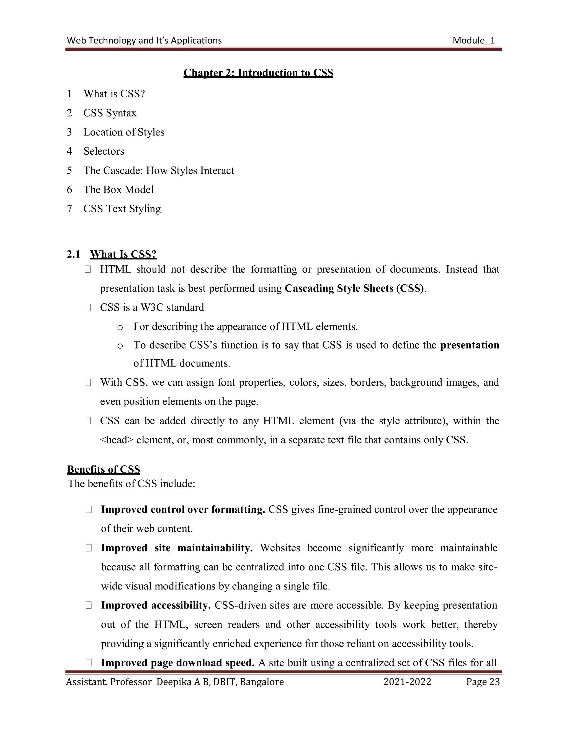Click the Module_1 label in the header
(x=474, y=41)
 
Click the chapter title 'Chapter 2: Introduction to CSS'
(x=258, y=73)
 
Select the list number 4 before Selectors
(x=69, y=151)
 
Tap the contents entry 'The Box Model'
(x=118, y=190)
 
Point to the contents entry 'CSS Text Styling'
(x=122, y=209)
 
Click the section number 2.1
(x=73, y=254)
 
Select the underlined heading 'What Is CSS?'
(x=123, y=254)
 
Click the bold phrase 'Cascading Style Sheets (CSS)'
(x=354, y=288)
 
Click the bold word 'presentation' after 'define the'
(x=469, y=345)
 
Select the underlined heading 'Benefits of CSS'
(x=104, y=469)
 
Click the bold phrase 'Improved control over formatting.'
(x=183, y=510)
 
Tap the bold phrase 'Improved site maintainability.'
(x=177, y=548)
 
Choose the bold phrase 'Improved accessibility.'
(x=156, y=605)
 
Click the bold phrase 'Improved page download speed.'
(x=178, y=662)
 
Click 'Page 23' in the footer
(x=483, y=682)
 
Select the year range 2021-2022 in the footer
(x=407, y=682)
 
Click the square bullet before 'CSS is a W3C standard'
(x=88, y=307)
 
